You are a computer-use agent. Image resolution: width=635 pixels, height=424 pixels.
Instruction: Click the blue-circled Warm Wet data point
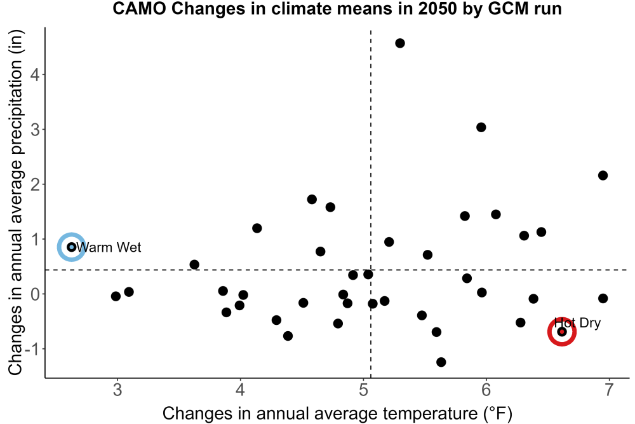[72, 247]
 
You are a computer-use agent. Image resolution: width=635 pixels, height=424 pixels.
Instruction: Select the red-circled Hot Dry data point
[562, 332]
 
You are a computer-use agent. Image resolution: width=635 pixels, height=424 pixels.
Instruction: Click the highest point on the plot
[399, 43]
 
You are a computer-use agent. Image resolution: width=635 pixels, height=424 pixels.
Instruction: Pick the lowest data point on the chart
[441, 362]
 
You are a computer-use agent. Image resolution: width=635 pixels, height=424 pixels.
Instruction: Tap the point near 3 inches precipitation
[481, 127]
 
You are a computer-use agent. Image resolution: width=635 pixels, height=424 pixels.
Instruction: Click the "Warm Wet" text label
[109, 247]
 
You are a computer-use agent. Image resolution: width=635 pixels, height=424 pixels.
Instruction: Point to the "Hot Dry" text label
[577, 323]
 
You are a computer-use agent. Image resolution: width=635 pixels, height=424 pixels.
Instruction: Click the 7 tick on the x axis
[609, 390]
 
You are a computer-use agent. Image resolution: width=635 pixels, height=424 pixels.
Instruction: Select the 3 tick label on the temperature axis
[117, 390]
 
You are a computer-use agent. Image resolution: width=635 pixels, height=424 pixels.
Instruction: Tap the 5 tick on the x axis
[363, 390]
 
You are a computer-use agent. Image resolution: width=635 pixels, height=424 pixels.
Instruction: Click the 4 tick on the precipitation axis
[35, 74]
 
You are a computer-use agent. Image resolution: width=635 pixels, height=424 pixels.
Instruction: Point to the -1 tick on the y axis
[32, 349]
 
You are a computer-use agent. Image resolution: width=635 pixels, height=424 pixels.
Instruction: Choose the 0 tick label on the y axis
[35, 294]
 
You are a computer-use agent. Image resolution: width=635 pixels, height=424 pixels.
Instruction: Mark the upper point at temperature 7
[603, 175]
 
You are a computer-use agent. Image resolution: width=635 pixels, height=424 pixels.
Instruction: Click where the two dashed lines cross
[371, 270]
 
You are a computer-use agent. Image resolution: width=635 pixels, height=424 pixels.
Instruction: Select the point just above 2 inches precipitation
[603, 175]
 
